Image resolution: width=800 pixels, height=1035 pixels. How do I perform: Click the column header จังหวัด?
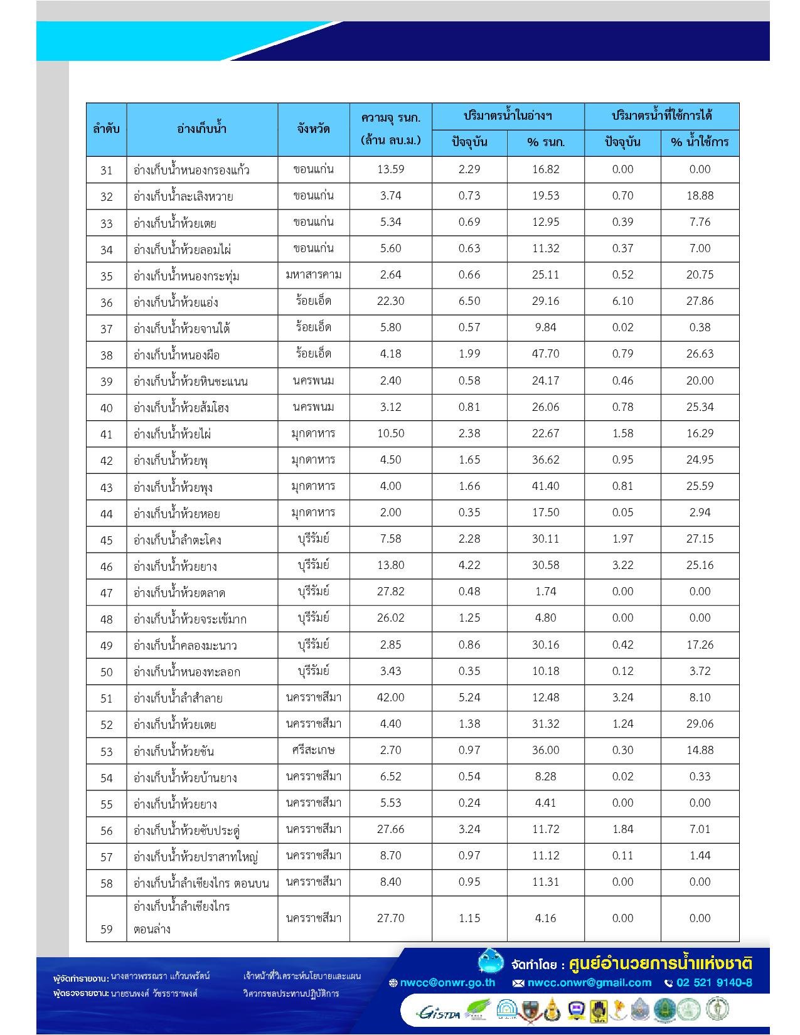[314, 129]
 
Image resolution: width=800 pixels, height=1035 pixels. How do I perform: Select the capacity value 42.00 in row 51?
[390, 698]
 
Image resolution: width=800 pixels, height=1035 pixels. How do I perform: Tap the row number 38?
[107, 355]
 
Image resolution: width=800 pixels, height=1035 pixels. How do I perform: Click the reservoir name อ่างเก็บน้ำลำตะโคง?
[178, 540]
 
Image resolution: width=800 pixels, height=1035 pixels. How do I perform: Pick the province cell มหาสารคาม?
[314, 275]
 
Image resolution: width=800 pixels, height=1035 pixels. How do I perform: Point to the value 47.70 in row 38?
[545, 354]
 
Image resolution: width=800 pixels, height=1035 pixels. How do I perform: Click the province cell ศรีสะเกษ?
[314, 750]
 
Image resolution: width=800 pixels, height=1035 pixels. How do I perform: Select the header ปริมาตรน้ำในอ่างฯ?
[508, 116]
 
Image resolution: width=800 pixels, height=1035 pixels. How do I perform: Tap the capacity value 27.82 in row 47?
[390, 592]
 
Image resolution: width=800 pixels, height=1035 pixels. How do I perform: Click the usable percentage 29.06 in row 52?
[700, 724]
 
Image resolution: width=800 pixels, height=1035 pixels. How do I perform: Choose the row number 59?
[107, 929]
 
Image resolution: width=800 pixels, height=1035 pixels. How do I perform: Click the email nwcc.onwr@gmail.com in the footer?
[589, 983]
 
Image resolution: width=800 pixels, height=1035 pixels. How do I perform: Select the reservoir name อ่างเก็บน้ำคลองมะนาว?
[185, 645]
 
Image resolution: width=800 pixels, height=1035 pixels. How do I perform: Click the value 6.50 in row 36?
[469, 301]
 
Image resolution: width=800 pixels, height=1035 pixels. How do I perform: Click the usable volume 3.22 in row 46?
[622, 565]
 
